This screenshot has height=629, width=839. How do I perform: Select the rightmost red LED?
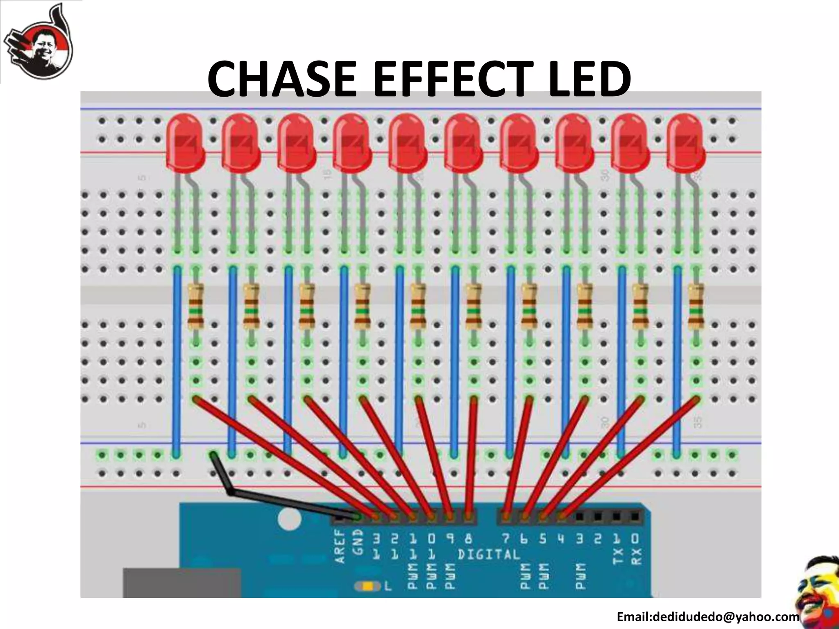(685, 141)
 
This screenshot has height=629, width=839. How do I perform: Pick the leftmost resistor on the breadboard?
(196, 307)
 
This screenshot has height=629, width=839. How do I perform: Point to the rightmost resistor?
(696, 307)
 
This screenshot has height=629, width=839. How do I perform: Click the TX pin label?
(617, 556)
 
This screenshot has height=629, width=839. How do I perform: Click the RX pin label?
(635, 556)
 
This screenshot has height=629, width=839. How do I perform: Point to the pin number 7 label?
(506, 539)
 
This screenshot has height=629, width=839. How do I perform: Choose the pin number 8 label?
(469, 539)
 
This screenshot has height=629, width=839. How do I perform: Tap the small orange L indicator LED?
(367, 587)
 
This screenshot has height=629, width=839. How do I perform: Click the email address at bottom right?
(707, 617)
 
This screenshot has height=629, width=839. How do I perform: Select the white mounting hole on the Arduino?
(289, 519)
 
